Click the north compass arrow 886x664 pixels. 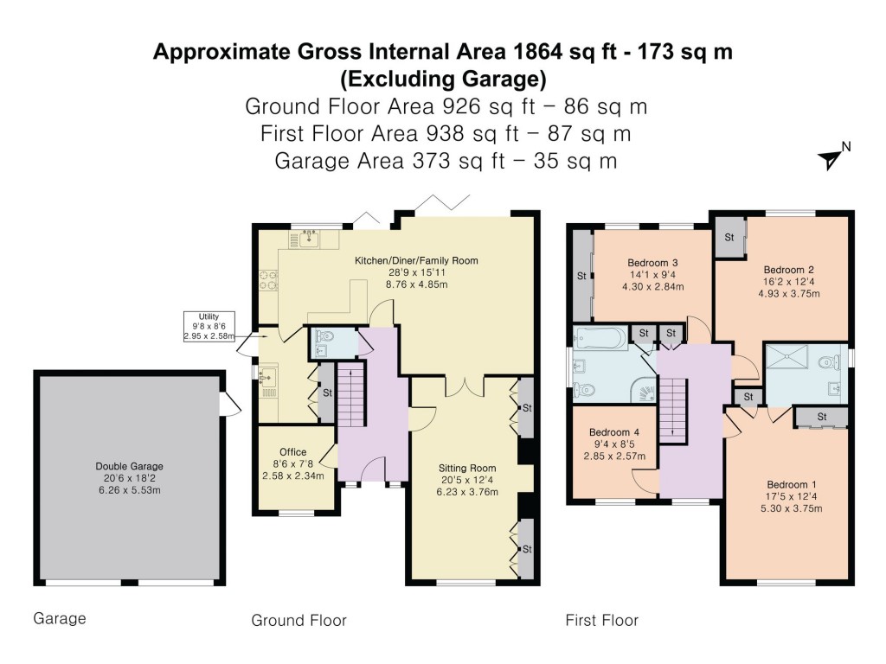pos(830,158)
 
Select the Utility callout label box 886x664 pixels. pos(209,326)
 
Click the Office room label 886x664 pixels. pos(293,463)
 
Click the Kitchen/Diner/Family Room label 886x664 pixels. pos(416,271)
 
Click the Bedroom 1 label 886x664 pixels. pos(786,496)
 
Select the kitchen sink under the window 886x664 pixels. pos(305,239)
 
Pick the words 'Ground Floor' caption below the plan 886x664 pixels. pos(299,620)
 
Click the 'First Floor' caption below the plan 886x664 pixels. pos(601,620)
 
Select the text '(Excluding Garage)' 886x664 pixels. pos(443,80)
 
